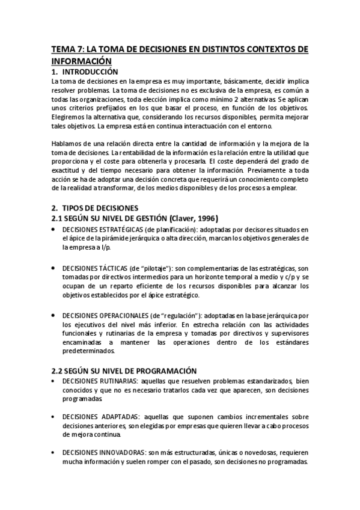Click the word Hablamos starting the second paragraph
[x=67, y=143]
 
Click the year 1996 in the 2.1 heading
[x=205, y=218]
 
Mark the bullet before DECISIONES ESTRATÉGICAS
[x=55, y=229]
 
